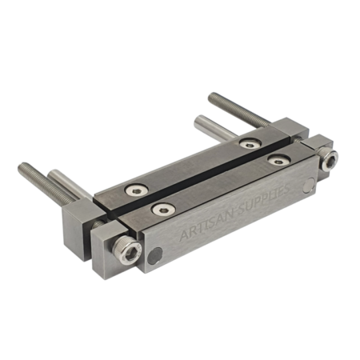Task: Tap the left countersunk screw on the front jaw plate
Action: pos(162,209)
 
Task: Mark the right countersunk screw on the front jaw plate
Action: pos(278,161)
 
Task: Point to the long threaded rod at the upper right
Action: pos(240,110)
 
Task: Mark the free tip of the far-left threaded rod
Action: pos(22,169)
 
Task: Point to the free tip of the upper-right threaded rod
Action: pos(213,98)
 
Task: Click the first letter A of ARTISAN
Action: pos(184,237)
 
